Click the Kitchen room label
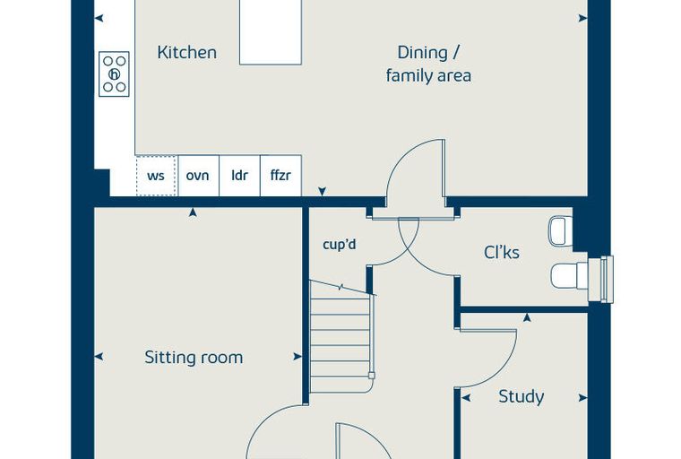tap(186, 53)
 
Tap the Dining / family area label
tap(428, 64)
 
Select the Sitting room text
tap(194, 358)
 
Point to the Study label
tap(521, 396)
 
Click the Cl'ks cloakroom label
tap(501, 252)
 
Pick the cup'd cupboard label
tap(340, 244)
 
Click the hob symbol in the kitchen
tap(114, 74)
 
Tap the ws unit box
tap(156, 176)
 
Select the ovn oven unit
tap(198, 176)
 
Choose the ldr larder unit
tap(239, 176)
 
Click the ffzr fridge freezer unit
tap(280, 176)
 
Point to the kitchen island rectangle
tap(271, 32)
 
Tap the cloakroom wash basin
tap(561, 230)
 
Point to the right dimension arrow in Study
tap(582, 398)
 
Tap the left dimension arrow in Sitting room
tap(99, 357)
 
